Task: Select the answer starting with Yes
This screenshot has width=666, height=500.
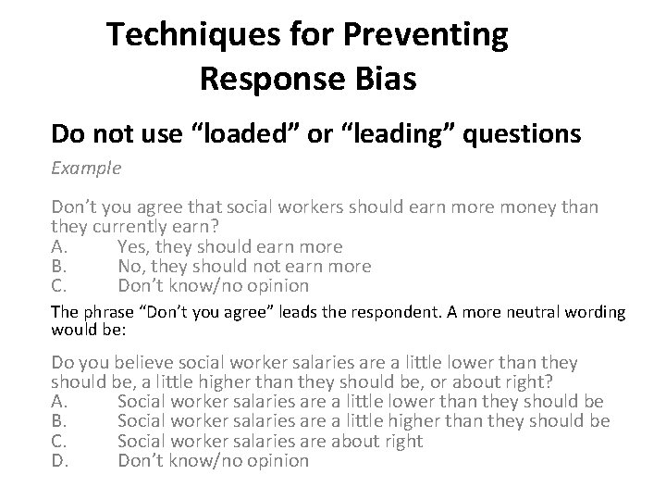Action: click(x=230, y=246)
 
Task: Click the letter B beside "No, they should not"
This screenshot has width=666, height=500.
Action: click(x=57, y=267)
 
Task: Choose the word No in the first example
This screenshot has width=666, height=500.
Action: click(x=130, y=267)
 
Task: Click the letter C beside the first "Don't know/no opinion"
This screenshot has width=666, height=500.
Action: click(x=57, y=286)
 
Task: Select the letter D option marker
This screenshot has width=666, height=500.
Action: click(x=58, y=460)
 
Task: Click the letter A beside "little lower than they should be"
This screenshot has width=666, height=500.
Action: click(x=57, y=401)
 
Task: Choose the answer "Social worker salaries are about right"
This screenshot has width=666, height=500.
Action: click(x=270, y=441)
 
